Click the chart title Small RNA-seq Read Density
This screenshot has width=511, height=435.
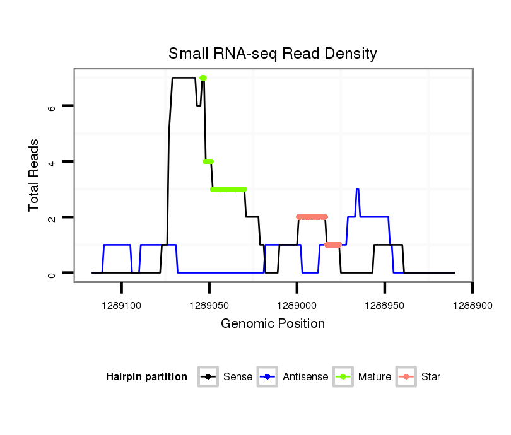coord(273,54)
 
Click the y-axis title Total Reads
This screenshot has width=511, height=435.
coord(35,175)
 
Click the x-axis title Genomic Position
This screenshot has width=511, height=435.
coord(273,324)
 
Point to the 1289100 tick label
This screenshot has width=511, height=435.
coord(121,304)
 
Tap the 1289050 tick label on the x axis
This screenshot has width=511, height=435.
coord(209,304)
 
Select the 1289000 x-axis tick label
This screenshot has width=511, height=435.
coord(297,304)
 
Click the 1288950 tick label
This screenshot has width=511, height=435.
coord(384,304)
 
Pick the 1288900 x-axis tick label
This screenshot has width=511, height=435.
coord(472,304)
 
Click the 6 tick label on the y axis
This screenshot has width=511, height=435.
coord(52,107)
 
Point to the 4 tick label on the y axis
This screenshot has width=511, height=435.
coord(52,162)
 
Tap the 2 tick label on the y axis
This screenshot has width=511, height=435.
coord(52,217)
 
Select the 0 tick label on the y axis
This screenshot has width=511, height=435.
coord(52,273)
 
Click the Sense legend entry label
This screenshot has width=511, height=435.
coord(238,377)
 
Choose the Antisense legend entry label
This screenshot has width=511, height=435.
coord(305,377)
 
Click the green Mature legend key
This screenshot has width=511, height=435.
coord(343,377)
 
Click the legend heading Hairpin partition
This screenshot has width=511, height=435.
coord(146,377)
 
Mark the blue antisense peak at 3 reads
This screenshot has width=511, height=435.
coord(357,189)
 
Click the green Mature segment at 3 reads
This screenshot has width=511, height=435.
coord(228,189)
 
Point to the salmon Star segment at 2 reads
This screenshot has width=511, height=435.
coord(312,217)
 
